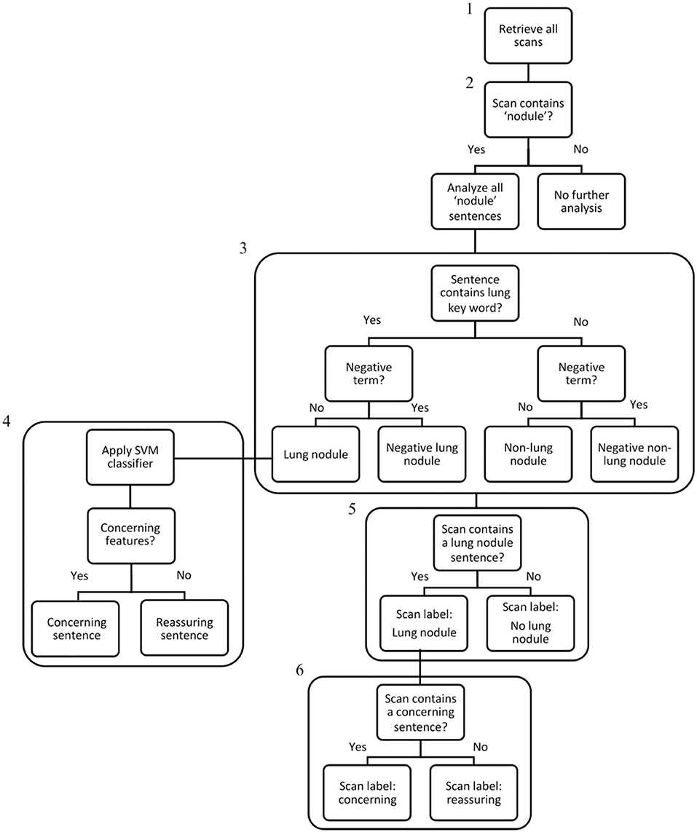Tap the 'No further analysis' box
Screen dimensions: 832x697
581,201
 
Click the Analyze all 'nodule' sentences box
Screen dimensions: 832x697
475,201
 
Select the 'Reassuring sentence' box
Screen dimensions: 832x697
184,628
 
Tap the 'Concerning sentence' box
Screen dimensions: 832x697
77,628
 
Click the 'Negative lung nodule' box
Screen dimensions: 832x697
422,454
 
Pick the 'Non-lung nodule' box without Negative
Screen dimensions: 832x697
528,454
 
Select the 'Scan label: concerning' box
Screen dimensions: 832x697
368,793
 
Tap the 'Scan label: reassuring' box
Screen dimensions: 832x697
474,793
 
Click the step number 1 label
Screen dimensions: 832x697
470,11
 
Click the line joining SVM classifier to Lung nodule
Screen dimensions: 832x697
222,459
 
